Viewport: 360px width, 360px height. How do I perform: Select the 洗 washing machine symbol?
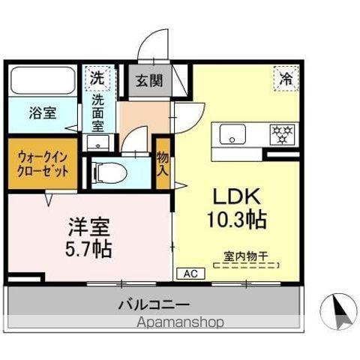pos(97,77)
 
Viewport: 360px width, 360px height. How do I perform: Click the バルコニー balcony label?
pos(154,304)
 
